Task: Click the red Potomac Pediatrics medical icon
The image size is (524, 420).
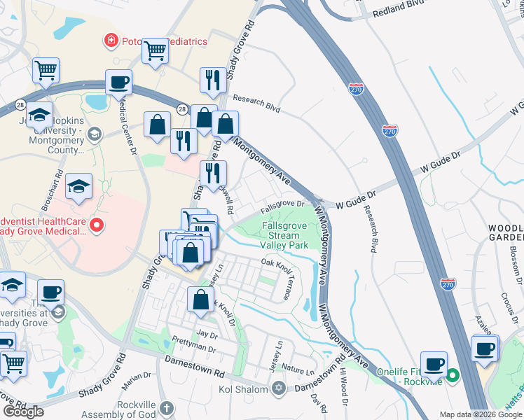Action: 111,41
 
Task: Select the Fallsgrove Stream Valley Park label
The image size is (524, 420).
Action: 284,236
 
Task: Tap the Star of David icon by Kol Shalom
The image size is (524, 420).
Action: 279,388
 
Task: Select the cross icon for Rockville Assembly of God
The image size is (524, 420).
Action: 166,407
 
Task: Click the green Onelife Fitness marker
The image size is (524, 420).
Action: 453,375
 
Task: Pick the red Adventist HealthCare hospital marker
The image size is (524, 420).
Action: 97,225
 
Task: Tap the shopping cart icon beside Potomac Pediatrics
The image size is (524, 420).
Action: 155,50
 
